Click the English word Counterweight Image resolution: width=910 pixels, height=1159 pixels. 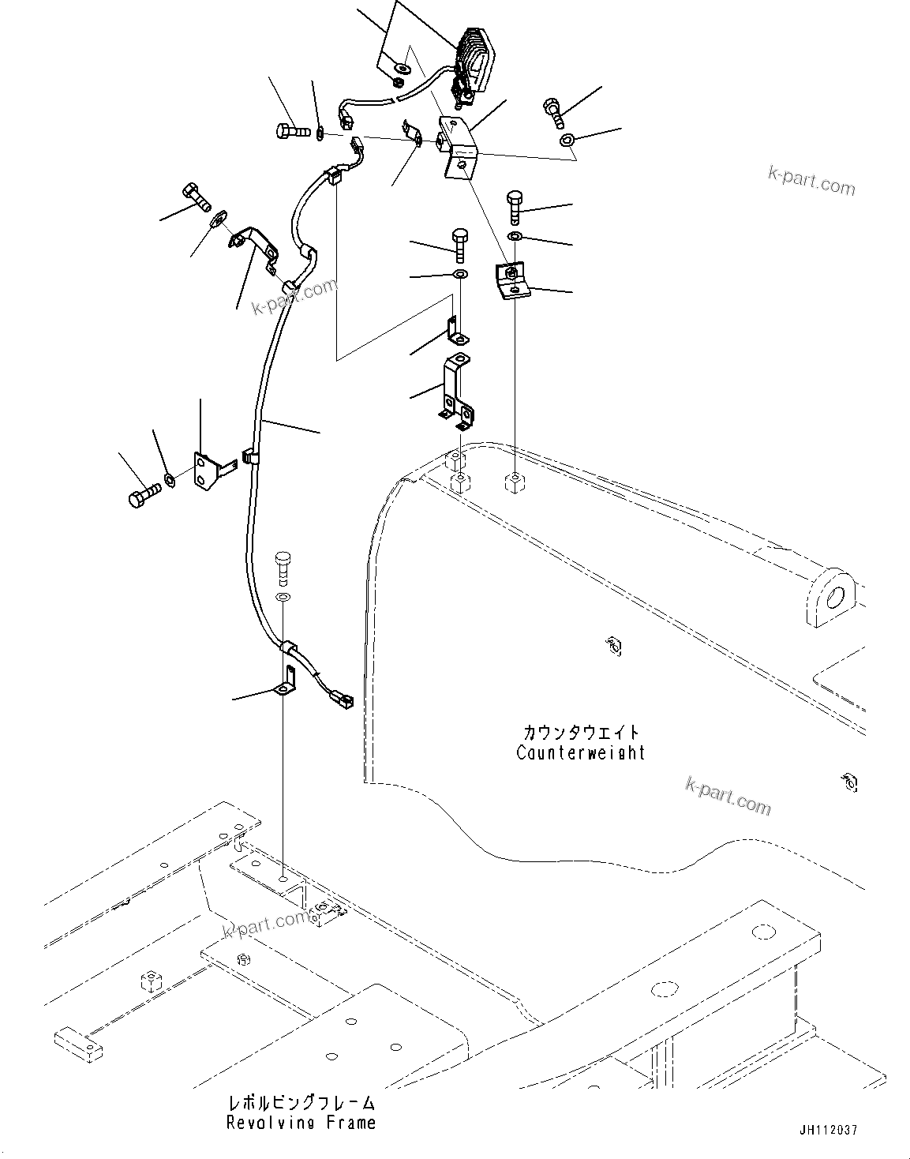580,752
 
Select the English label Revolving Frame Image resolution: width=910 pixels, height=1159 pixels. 301,1122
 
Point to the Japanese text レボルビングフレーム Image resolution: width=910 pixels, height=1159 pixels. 301,1102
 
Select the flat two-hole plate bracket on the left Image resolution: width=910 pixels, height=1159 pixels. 208,471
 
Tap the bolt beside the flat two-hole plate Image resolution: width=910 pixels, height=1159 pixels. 143,494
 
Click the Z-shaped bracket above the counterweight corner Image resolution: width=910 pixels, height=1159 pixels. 456,391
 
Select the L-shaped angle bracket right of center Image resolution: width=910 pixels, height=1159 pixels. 511,281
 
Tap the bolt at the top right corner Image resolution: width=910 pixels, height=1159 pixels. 555,111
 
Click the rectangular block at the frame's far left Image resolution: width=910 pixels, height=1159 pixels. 79,1041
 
